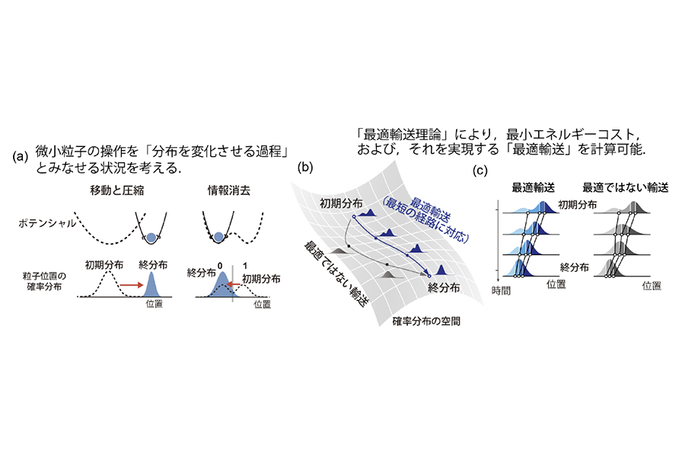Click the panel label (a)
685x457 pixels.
20,157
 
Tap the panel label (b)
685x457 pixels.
304,167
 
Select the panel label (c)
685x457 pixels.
479,170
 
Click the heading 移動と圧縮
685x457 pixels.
116,190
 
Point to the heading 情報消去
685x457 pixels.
228,190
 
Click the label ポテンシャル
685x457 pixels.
46,223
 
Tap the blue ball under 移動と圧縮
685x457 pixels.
151,238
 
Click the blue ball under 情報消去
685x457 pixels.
218,238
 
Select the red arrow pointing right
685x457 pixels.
132,285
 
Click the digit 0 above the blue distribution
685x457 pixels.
220,266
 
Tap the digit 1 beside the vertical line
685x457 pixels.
244,266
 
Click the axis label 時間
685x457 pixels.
501,290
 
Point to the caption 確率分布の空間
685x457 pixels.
426,321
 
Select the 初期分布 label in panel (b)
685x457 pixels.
341,203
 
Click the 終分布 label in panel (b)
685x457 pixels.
444,288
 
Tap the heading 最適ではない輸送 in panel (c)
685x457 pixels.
625,187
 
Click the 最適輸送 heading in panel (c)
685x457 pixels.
533,187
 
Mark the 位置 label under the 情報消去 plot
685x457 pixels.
262,304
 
